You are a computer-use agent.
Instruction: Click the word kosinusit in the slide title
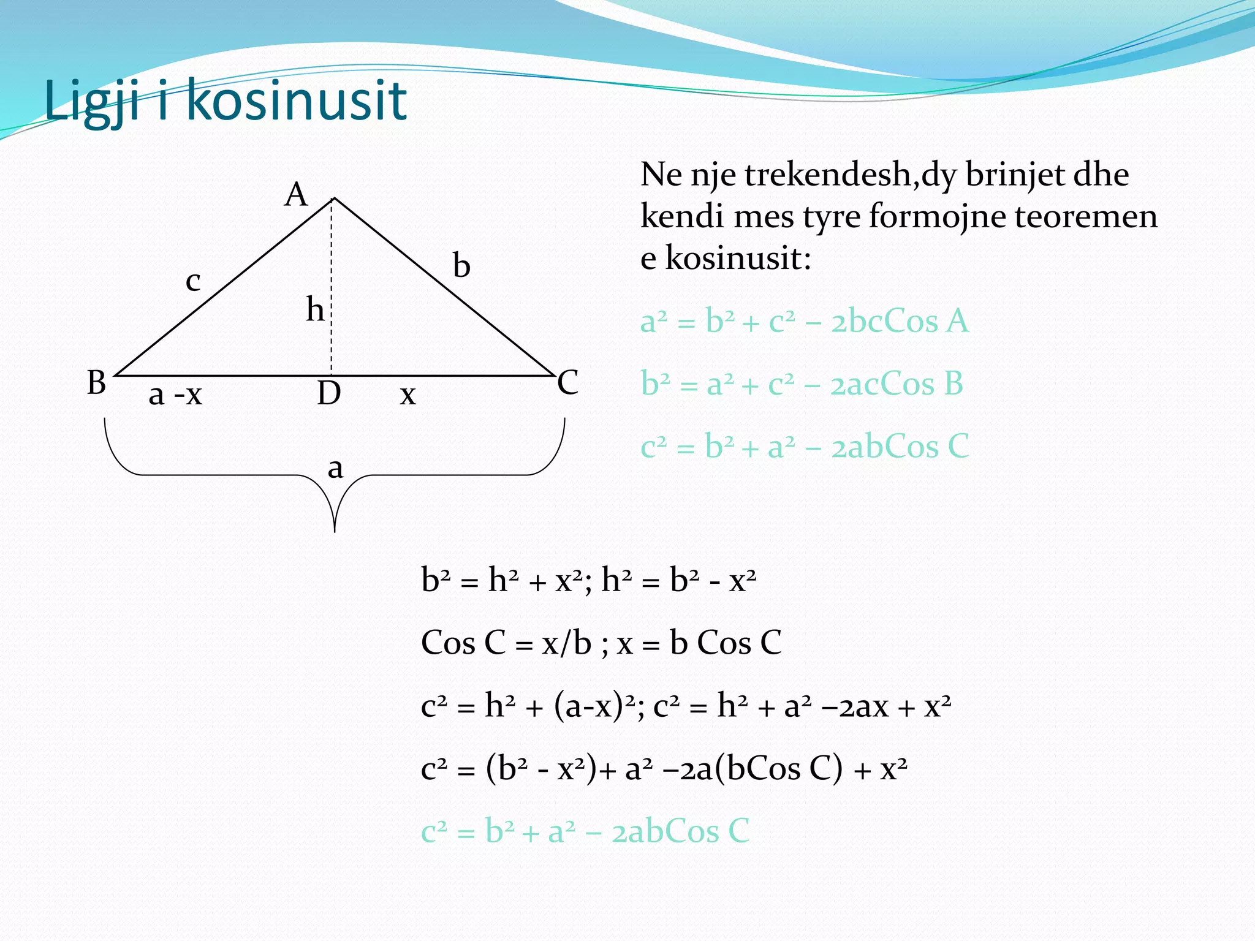point(297,100)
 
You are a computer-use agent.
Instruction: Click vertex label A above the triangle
point(296,195)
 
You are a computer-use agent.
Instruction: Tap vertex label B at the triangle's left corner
point(97,383)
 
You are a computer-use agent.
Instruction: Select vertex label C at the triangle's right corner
point(567,383)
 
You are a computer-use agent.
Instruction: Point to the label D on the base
point(329,393)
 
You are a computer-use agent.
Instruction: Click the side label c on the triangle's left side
point(193,281)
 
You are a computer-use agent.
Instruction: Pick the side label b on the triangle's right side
point(461,266)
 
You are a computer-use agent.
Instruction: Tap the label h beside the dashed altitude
point(315,309)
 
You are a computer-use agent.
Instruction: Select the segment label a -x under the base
point(175,395)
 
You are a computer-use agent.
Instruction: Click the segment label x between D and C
point(408,395)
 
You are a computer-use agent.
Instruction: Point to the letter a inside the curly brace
point(335,469)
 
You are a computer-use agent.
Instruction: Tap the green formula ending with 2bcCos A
point(804,322)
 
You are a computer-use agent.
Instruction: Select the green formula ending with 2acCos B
point(802,384)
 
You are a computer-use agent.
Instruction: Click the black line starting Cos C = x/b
point(601,643)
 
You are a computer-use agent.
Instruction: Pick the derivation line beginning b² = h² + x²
point(588,580)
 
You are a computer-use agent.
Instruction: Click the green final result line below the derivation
point(585,831)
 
